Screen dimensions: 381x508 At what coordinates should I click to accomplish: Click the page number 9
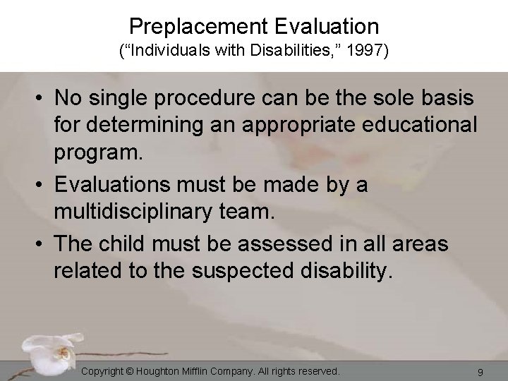pos(480,371)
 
